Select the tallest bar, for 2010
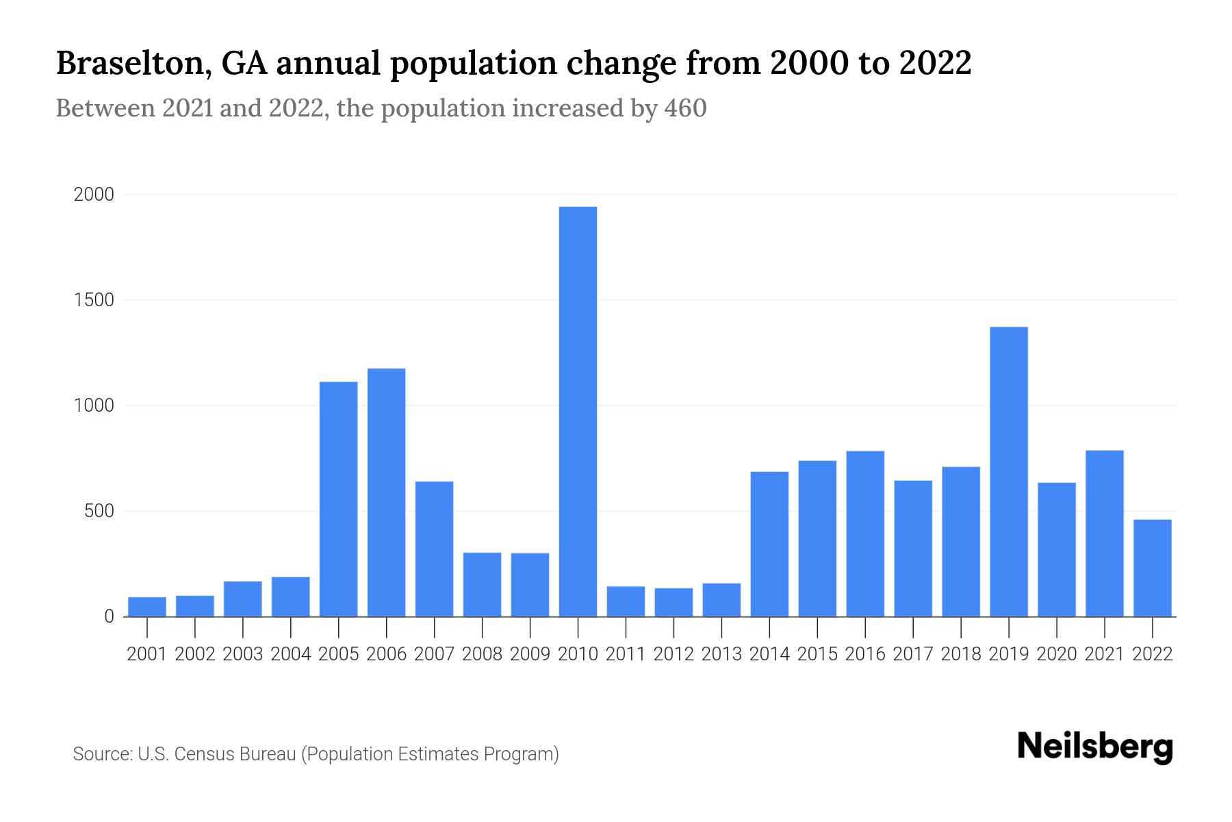[x=578, y=411]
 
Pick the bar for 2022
[x=1153, y=568]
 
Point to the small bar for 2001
[x=147, y=607]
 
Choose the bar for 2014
[x=769, y=544]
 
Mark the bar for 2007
[x=435, y=549]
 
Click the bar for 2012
[x=673, y=602]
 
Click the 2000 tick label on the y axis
[x=94, y=195]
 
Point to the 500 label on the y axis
[x=99, y=511]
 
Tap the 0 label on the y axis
[x=109, y=616]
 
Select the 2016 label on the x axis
[x=865, y=654]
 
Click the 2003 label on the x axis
[x=243, y=654]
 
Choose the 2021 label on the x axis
[x=1105, y=654]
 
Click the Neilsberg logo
[x=1095, y=747]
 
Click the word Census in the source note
[x=202, y=754]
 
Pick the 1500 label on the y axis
[x=94, y=300]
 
